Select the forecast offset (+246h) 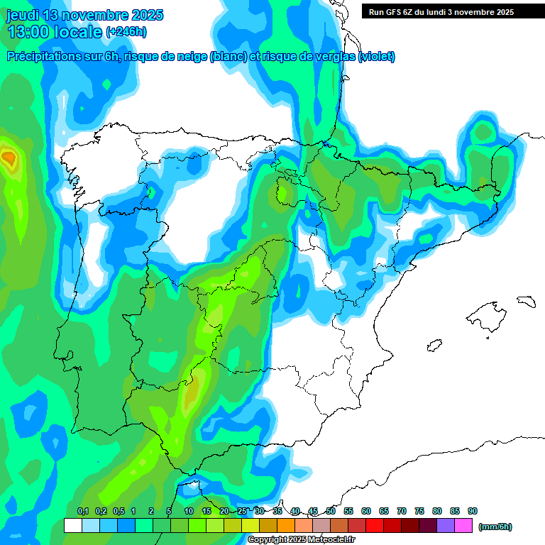[126, 32]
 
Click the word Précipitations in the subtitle [42, 57]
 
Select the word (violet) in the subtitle [378, 57]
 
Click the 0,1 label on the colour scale [83, 512]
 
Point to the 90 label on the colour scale [473, 512]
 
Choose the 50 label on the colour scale [331, 512]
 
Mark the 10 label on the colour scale [189, 512]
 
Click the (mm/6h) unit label [495, 527]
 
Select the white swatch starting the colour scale [72, 525]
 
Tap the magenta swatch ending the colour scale [463, 525]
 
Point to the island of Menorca [526, 301]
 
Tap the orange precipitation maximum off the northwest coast [9, 157]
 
